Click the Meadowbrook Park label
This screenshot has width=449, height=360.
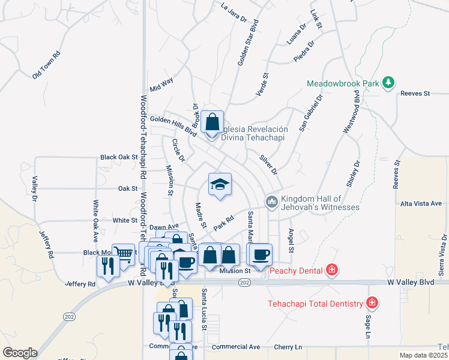(343, 83)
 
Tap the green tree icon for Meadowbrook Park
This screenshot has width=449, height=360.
(388, 82)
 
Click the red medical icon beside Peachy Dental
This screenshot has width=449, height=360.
(331, 271)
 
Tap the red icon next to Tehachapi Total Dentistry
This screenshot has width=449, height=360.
(373, 302)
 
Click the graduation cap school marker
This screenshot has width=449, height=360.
(220, 184)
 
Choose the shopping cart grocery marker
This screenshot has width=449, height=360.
(124, 254)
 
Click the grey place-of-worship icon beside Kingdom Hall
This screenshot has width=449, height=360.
(271, 202)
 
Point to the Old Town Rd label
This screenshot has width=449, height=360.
(47, 64)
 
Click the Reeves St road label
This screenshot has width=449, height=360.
(415, 93)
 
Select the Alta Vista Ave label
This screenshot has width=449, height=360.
(421, 204)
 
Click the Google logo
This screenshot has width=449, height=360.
(20, 353)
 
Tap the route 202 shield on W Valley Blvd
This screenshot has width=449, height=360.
(244, 282)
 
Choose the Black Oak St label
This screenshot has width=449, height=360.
(119, 157)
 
